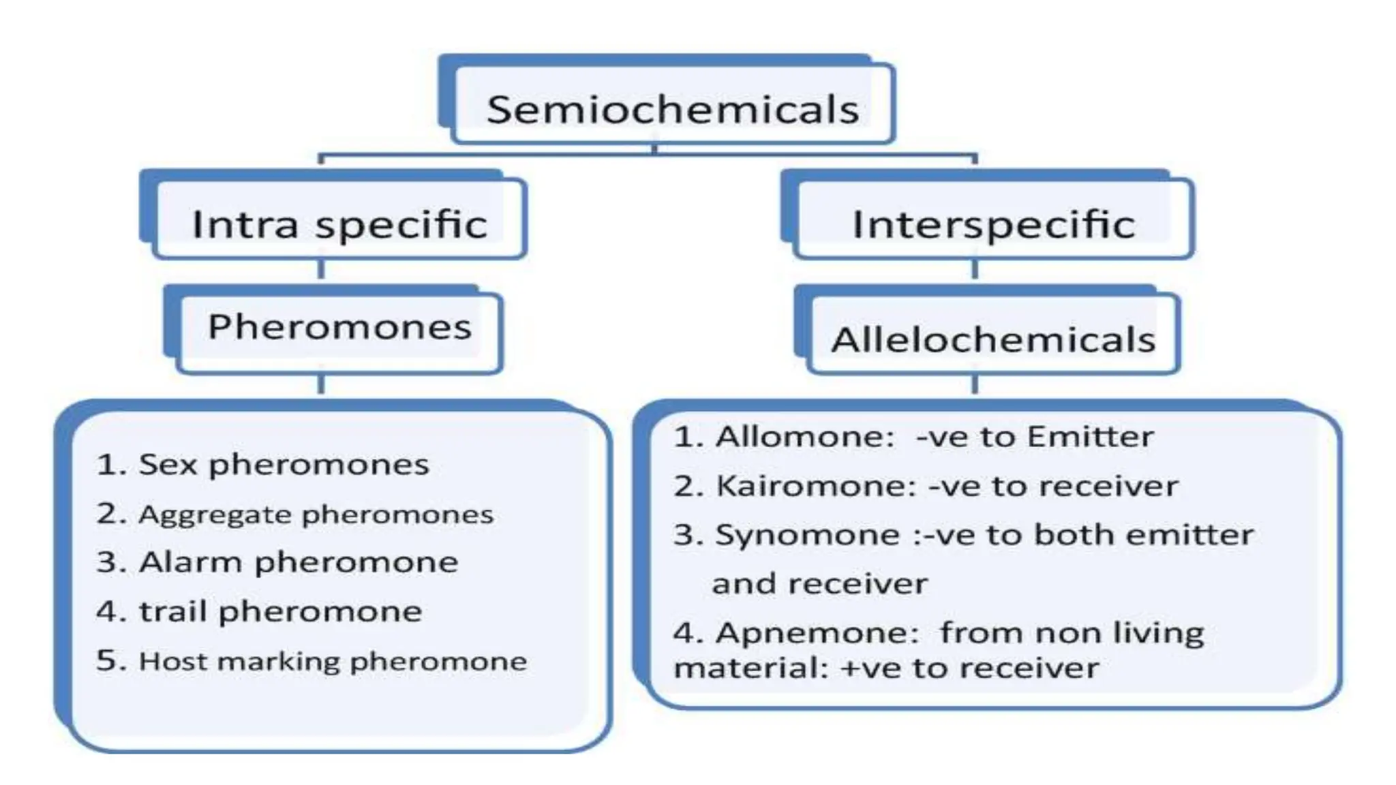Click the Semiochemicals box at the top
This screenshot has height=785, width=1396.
click(x=672, y=109)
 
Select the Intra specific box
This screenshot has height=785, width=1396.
click(x=339, y=224)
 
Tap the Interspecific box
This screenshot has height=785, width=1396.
click(x=993, y=224)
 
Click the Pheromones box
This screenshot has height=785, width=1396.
click(x=339, y=327)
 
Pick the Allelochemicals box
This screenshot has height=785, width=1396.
click(x=993, y=339)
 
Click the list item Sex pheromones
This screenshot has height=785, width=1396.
click(x=262, y=465)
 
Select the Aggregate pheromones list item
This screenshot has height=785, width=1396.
click(x=294, y=514)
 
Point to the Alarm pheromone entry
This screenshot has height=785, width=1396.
click(x=277, y=563)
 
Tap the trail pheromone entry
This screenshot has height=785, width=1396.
click(x=259, y=611)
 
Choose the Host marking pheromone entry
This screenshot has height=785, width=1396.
click(x=312, y=661)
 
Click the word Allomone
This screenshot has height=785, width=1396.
click(x=804, y=437)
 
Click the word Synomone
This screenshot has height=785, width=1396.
click(x=807, y=535)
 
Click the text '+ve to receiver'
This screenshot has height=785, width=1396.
click(x=969, y=668)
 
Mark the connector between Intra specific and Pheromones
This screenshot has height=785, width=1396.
click(x=321, y=270)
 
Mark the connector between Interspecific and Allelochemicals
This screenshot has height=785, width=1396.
click(x=974, y=270)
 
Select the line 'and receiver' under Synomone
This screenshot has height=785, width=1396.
click(x=819, y=584)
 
